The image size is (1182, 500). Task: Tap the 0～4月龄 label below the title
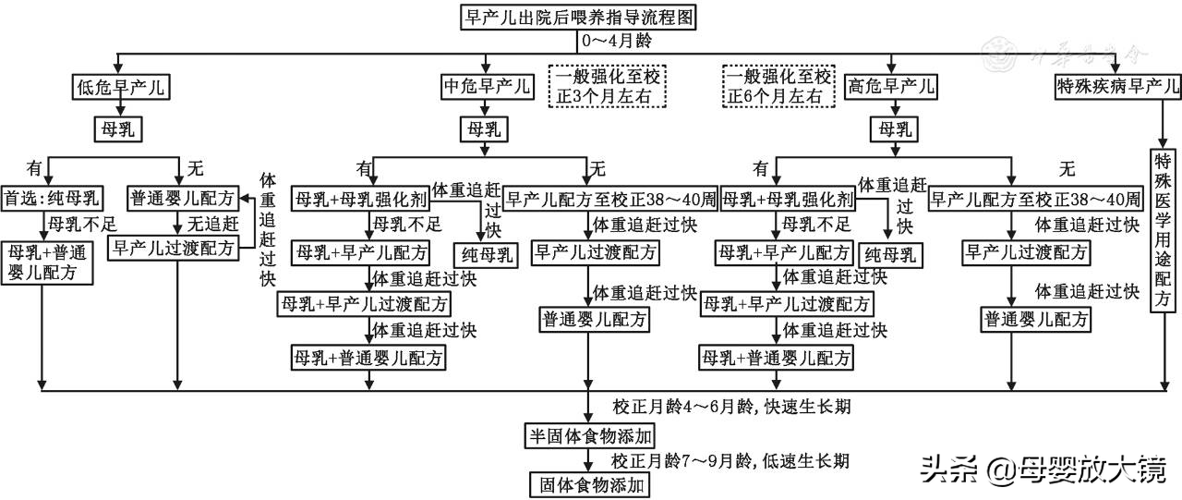[616, 42]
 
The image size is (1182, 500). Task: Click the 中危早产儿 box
[487, 88]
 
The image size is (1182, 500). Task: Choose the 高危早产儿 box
[891, 88]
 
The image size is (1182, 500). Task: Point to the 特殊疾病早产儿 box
[1117, 88]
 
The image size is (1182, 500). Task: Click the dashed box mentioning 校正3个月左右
[608, 86]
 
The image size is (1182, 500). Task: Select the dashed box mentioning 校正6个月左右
[779, 86]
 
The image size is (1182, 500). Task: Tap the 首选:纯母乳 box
[52, 198]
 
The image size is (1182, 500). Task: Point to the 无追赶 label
[213, 223]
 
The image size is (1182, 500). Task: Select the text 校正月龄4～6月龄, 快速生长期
[730, 409]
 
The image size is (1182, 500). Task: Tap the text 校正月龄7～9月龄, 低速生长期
[730, 459]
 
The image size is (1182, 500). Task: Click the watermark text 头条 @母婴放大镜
[1043, 471]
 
